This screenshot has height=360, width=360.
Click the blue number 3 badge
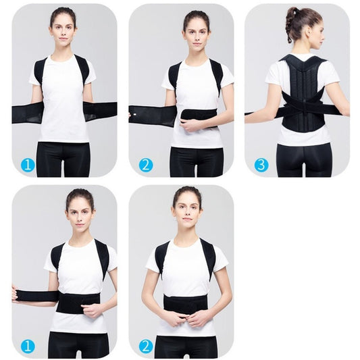click(261, 165)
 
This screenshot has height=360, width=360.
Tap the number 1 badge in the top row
click(26, 165)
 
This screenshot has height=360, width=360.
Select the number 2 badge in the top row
click(145, 165)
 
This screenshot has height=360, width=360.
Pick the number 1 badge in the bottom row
click(26, 346)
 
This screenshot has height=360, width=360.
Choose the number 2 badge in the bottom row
click(145, 346)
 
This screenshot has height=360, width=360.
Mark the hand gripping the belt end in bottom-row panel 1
click(16, 295)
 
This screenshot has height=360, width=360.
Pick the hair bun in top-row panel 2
click(196, 16)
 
